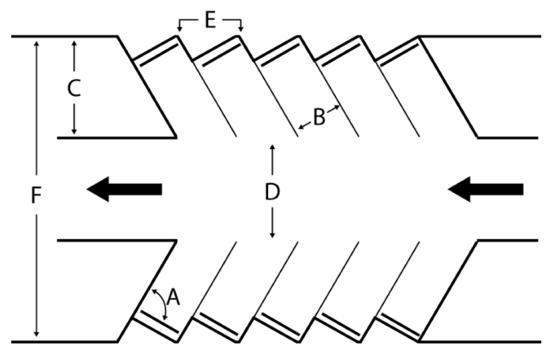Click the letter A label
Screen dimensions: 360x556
click(174, 299)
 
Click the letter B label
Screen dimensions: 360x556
click(319, 117)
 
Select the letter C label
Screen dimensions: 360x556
click(74, 89)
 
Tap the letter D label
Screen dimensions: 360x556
click(272, 192)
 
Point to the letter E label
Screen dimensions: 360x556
click(210, 21)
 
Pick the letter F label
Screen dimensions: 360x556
click(36, 196)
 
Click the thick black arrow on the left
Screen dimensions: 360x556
click(124, 188)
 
